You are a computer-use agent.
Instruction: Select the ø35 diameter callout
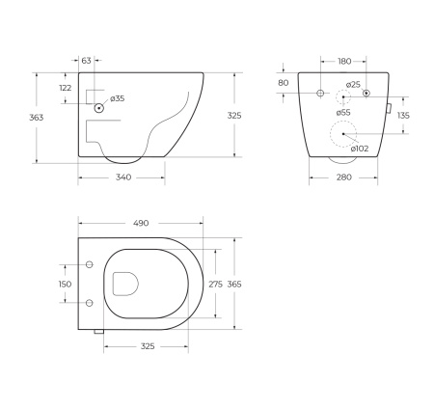[118, 98]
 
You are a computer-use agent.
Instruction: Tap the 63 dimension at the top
[87, 61]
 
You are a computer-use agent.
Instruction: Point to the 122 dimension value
[66, 88]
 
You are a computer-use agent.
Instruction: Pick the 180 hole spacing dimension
[344, 61]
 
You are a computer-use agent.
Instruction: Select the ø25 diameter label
[354, 85]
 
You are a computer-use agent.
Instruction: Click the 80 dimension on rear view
[284, 83]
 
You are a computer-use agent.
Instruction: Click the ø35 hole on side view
[99, 109]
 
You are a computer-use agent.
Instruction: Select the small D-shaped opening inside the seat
[125, 283]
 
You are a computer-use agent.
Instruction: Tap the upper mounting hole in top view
[89, 263]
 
